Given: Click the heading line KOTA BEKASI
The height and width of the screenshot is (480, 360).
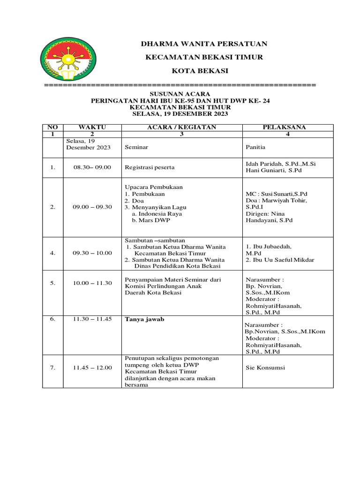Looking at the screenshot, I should pyautogui.click(x=204, y=71).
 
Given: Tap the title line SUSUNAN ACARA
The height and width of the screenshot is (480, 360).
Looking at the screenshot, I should pyautogui.click(x=180, y=94).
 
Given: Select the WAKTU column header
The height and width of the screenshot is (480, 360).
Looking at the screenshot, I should pyautogui.click(x=92, y=127).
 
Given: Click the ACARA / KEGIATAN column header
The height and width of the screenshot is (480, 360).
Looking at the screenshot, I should pyautogui.click(x=181, y=127).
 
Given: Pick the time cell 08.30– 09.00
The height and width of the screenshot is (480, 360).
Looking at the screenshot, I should pyautogui.click(x=92, y=167).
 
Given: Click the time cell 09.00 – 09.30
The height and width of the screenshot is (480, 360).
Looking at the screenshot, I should pyautogui.click(x=92, y=207).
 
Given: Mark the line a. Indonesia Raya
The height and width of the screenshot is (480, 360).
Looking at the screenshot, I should pyautogui.click(x=157, y=214).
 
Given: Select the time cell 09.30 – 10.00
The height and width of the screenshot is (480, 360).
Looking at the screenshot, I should pyautogui.click(x=92, y=253).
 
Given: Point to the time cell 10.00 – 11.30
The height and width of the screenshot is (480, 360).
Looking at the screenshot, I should pyautogui.click(x=92, y=283).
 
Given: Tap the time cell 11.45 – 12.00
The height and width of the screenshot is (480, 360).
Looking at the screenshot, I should pyautogui.click(x=92, y=368).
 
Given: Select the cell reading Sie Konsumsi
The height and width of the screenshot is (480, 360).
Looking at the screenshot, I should pyautogui.click(x=265, y=368).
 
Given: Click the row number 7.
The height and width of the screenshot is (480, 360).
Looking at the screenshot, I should pyautogui.click(x=53, y=368).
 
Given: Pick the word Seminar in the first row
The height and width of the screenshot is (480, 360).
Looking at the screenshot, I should pyautogui.click(x=136, y=147).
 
